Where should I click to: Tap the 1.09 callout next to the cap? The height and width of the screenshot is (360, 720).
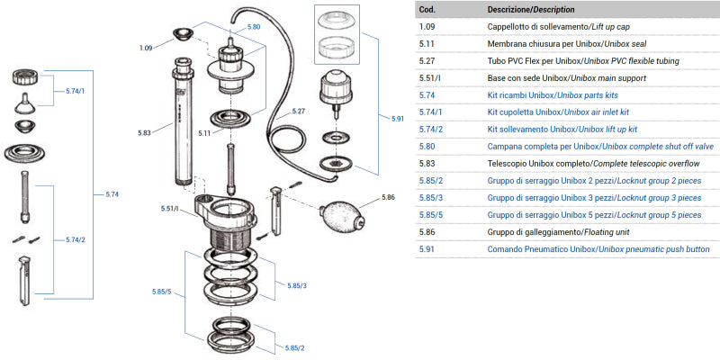pos(148,47)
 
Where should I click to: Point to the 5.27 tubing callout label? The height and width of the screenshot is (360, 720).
pos(299,112)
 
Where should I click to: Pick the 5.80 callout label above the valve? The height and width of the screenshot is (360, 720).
pos(253,27)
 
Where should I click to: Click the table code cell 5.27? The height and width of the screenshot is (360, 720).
pos(428,60)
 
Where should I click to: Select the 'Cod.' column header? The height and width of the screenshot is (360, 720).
pos(427,9)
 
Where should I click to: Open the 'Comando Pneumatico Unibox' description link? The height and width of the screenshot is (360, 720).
pos(598,248)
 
